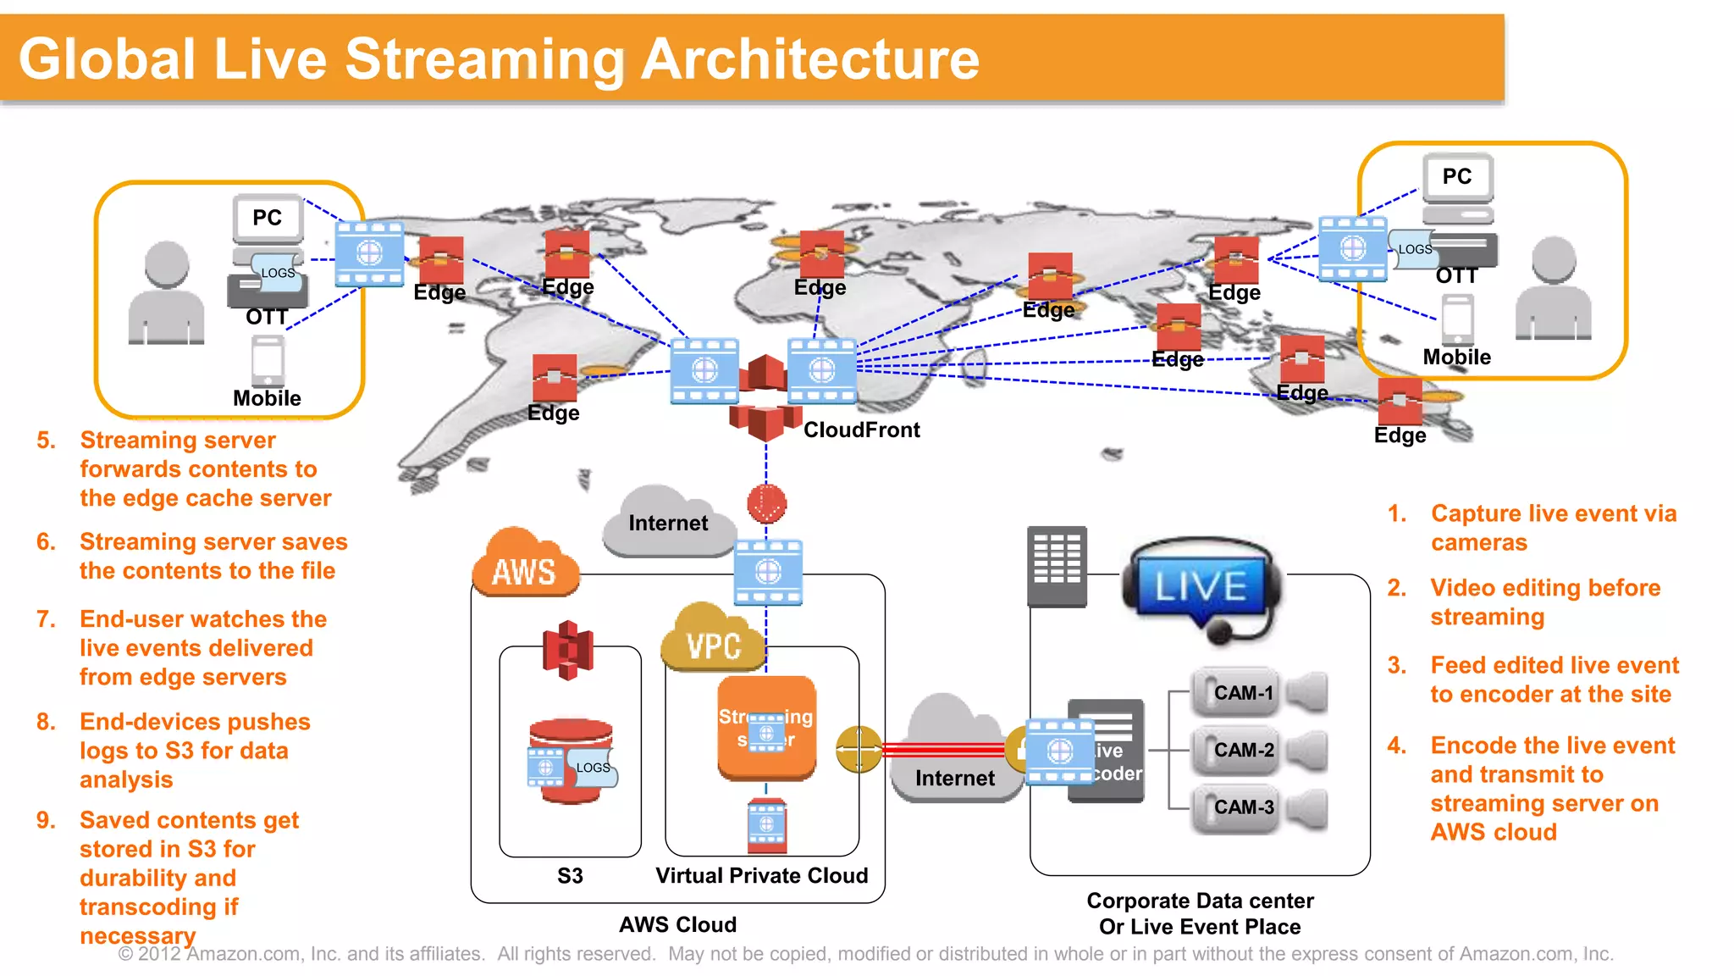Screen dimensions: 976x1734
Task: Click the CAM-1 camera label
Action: (1243, 693)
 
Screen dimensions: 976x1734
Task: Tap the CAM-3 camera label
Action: (1243, 807)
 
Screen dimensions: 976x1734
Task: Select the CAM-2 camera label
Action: (1243, 750)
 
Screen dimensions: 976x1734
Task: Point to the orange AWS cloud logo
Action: (525, 566)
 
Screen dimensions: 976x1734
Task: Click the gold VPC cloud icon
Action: (713, 640)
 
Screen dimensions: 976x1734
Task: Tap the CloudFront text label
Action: (861, 430)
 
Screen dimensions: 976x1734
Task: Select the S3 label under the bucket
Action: (570, 875)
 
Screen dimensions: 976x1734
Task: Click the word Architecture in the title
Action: (810, 59)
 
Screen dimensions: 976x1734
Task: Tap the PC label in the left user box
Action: (267, 218)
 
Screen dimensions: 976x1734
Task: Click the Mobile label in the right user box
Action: (1456, 357)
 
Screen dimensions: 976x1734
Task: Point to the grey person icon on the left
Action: (166, 293)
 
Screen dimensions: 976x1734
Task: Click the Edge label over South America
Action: (553, 413)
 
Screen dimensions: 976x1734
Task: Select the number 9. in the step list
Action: (46, 820)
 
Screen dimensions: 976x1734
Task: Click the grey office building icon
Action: (1057, 566)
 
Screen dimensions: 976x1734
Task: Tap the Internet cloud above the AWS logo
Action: (668, 522)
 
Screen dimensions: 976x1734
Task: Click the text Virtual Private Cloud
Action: (761, 875)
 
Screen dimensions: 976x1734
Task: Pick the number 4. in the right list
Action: (1397, 746)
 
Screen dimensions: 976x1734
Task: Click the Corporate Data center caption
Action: (1200, 901)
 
